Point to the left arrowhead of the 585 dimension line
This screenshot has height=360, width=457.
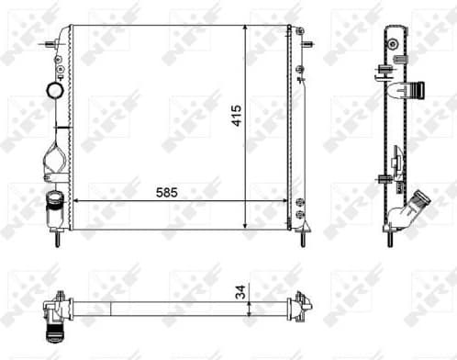pos(74,200)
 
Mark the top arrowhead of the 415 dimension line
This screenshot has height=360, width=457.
pos(245,29)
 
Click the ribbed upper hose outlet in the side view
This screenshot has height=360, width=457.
pos(413,91)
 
